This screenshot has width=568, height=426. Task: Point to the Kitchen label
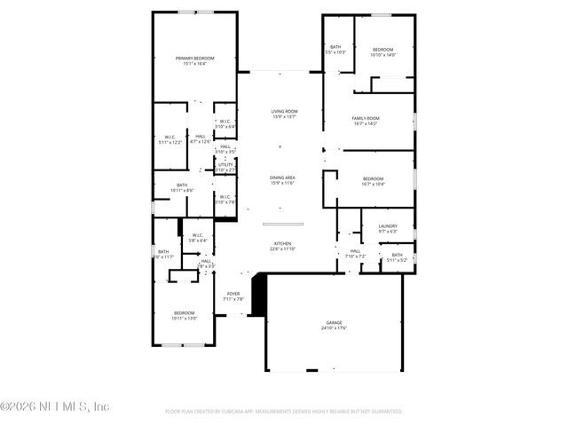click(283, 246)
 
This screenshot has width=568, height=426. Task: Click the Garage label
click(334, 325)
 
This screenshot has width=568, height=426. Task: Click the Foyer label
click(233, 296)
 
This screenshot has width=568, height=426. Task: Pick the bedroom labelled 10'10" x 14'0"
click(383, 51)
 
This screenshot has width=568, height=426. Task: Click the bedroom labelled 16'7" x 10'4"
click(373, 181)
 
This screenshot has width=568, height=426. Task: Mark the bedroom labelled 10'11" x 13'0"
click(185, 315)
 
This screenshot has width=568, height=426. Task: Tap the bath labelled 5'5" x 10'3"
click(336, 50)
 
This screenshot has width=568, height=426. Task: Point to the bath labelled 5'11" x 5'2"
click(397, 257)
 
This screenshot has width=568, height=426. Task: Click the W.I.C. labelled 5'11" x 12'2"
click(170, 139)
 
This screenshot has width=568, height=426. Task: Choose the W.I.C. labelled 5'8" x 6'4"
click(199, 237)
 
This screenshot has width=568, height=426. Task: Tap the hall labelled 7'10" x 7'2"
click(355, 254)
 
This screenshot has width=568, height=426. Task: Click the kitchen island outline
click(283, 224)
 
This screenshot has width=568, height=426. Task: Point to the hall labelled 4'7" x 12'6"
click(201, 138)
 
